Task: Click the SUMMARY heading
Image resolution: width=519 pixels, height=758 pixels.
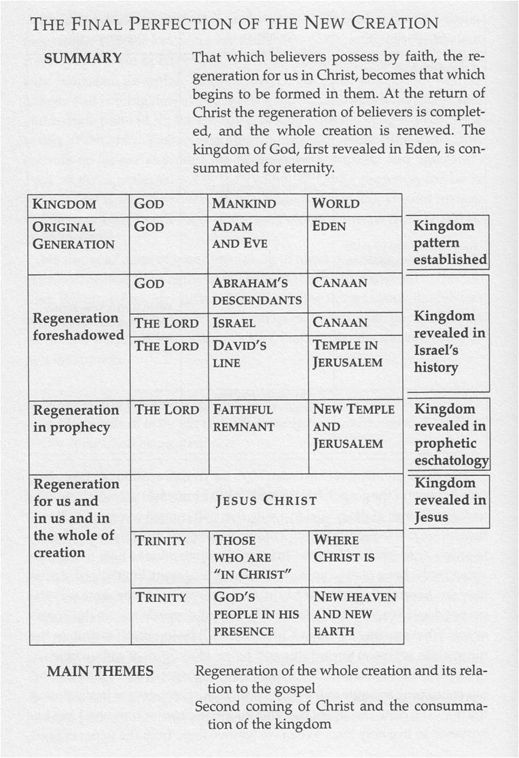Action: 83,58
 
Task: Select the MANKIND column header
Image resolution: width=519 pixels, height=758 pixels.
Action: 244,204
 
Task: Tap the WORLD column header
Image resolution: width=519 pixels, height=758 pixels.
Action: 336,204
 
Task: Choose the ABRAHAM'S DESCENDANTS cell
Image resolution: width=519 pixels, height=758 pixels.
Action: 257,291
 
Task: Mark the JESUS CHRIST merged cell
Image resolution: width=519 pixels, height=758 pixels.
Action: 266,501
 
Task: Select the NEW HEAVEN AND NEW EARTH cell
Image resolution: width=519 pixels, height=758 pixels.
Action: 354,613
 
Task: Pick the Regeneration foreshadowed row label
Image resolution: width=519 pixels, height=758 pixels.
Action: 79,326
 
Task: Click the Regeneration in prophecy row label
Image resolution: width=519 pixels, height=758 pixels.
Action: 76,418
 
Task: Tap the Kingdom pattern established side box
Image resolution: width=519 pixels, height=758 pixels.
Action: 449,242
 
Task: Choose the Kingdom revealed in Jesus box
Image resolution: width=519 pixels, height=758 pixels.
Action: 449,501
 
